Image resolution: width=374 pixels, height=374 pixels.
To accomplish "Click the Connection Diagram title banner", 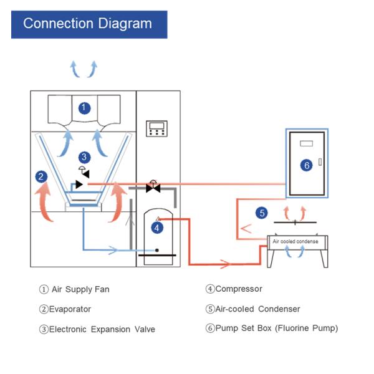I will click(x=89, y=24).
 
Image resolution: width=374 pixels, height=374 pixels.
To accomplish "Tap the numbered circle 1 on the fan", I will click(x=85, y=108).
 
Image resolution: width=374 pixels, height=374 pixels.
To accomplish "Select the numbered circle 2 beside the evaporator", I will click(x=41, y=177).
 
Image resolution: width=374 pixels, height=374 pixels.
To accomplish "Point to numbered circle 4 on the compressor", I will click(x=158, y=228).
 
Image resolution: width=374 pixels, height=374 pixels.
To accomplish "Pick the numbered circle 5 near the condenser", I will click(x=262, y=213).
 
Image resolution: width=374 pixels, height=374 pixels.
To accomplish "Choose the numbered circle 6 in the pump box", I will click(x=306, y=165).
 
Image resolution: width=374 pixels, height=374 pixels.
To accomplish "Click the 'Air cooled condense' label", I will click(x=295, y=241).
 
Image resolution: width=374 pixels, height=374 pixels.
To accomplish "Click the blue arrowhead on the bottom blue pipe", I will click(x=113, y=251).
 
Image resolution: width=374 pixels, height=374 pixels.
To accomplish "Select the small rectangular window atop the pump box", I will click(x=306, y=143).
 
